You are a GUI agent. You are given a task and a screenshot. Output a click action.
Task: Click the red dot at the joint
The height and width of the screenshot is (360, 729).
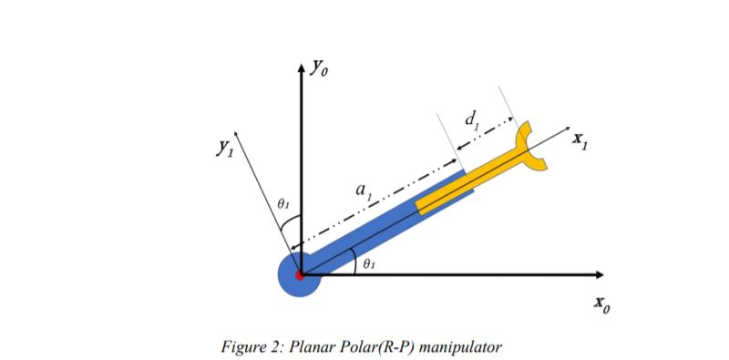tap(300, 274)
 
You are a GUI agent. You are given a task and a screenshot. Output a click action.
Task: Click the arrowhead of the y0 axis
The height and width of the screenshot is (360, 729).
tap(300, 66)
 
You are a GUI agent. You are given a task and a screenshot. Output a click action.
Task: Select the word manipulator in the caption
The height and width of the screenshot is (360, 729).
tap(461, 346)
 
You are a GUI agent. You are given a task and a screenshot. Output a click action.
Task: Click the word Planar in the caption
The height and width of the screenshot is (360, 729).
tap(312, 346)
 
